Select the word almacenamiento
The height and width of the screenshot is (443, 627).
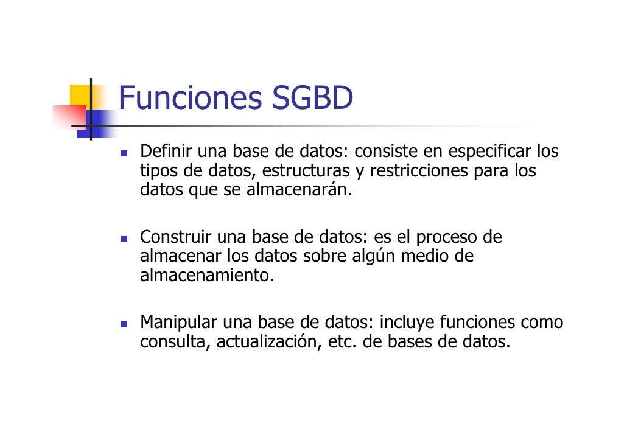[x=207, y=276]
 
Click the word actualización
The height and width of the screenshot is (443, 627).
[x=268, y=342]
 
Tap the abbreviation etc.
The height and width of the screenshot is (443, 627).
[x=342, y=342]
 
